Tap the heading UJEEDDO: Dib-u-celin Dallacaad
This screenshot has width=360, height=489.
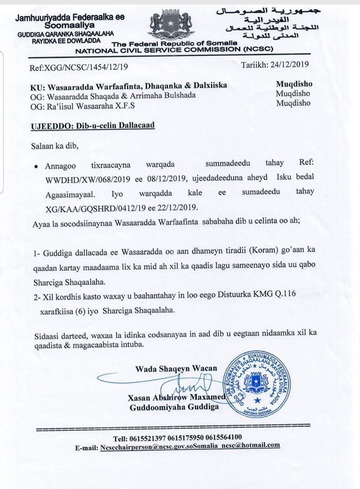[x=92, y=125]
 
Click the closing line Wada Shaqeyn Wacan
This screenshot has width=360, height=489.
[x=176, y=368]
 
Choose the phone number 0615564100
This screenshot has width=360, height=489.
[x=236, y=437]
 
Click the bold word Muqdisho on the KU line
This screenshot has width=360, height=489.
[x=293, y=84]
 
